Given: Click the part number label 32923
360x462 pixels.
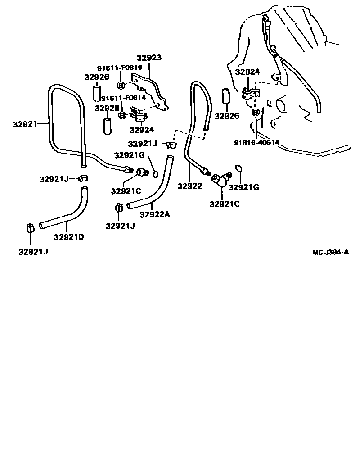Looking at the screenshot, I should point(149,58).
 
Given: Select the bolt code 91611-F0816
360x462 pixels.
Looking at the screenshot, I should point(120,68).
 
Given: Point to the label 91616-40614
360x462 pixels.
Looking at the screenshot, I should point(256,143).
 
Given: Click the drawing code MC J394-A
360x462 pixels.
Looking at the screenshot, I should point(330,252).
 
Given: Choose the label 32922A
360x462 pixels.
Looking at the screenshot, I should point(154,215).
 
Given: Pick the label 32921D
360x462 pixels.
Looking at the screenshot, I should point(69,237).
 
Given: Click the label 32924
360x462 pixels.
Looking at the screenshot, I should point(141,130).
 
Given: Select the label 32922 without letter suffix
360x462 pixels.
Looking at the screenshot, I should point(189,186).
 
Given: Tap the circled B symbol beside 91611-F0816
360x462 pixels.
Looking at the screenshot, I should point(121,86).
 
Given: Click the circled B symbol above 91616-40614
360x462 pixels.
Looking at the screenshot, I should point(256,112).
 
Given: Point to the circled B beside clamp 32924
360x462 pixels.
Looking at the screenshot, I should point(122,115).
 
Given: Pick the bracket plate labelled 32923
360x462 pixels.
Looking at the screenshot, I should point(151,92).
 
